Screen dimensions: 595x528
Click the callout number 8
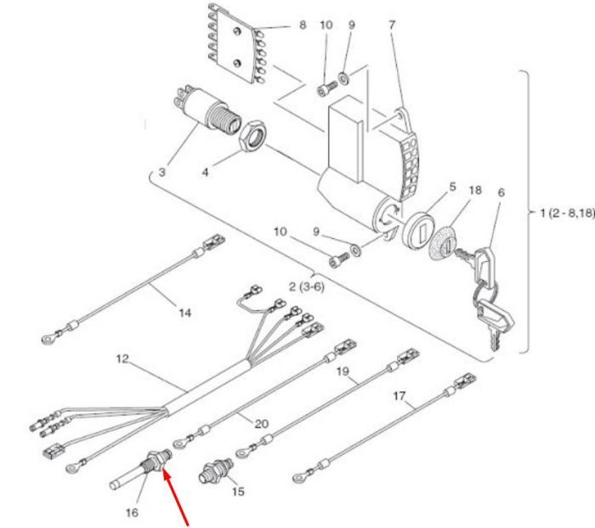coord(303,26)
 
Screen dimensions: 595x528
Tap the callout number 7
coord(392,25)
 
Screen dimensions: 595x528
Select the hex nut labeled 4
coord(252,136)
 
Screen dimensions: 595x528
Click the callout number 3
coord(162,172)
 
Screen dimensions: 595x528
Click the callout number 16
coord(132,513)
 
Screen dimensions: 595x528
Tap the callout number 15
coord(238,491)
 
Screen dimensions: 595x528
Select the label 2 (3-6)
coord(307,287)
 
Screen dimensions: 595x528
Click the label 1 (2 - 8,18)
coord(567,213)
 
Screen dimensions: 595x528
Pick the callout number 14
coord(185,313)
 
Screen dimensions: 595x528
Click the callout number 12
coord(122,359)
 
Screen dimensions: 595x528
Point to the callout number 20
coord(262,423)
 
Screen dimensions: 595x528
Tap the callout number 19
coord(343,372)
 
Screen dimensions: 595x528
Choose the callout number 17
coord(399,396)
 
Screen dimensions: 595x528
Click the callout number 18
coord(475,190)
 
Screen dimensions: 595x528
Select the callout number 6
coord(501,192)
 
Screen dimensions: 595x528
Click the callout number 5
coord(452,187)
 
